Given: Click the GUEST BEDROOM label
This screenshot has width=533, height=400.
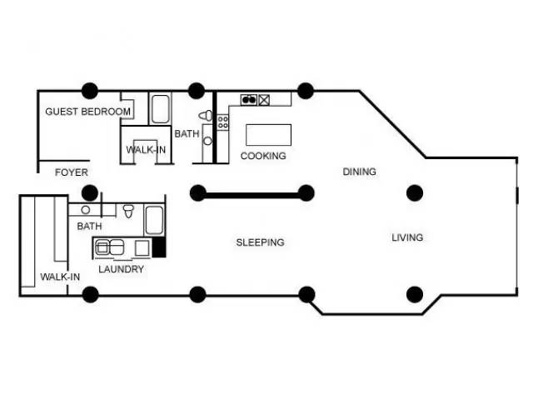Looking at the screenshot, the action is [x=87, y=112].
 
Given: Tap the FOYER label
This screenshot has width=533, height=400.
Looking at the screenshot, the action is [x=72, y=172].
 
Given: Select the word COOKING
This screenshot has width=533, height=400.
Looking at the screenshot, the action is [x=263, y=156].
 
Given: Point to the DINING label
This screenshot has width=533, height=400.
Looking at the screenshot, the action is [x=359, y=172].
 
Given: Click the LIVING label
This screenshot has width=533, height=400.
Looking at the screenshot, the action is [x=407, y=237].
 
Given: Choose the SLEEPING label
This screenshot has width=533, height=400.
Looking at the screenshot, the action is [x=261, y=242].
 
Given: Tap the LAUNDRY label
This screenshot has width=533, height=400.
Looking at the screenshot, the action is [x=121, y=269].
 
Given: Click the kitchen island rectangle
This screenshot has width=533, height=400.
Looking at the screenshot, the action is [x=268, y=135].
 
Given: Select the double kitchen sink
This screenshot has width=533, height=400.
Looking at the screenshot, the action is [x=249, y=100].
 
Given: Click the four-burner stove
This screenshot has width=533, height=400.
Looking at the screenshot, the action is [x=222, y=122].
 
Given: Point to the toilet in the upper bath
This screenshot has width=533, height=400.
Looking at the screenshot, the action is [x=206, y=116].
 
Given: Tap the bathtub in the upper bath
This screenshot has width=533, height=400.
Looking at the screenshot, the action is [x=160, y=109].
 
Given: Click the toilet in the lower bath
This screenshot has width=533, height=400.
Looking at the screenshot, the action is [x=128, y=211].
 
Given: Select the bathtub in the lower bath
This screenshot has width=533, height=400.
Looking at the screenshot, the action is [x=154, y=220].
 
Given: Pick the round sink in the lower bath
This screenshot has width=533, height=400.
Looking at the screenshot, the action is [x=85, y=210].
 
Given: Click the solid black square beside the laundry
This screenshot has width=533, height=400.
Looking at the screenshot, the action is [x=159, y=247].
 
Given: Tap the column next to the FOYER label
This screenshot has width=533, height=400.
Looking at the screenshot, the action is [x=90, y=193].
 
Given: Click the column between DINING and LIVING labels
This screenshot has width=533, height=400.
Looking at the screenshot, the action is [x=415, y=193].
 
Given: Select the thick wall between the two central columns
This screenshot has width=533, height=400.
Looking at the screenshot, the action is [x=252, y=195].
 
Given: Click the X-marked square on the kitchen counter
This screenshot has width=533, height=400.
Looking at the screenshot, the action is [x=264, y=100].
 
